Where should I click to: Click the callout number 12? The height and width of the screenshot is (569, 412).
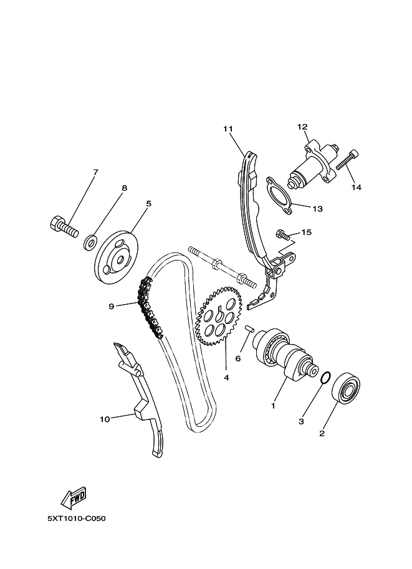pyautogui.click(x=302, y=127)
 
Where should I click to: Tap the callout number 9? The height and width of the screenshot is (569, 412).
pyautogui.click(x=112, y=305)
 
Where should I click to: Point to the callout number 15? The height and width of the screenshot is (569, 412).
pyautogui.click(x=306, y=232)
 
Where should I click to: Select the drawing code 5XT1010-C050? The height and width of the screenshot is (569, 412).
pyautogui.click(x=75, y=518)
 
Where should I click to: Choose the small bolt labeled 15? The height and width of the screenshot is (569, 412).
pyautogui.click(x=282, y=235)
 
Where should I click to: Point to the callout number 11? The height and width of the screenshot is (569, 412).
pyautogui.click(x=228, y=129)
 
